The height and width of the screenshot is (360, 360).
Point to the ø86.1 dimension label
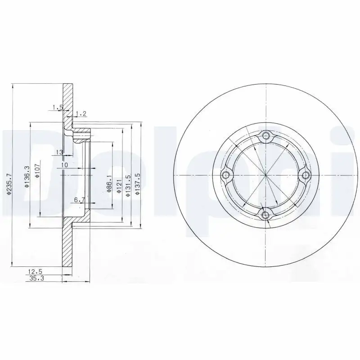(109, 184)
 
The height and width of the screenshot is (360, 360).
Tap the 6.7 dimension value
(80, 199)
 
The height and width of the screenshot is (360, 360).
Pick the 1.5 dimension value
(57, 107)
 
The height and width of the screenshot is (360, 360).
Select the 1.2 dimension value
(81, 113)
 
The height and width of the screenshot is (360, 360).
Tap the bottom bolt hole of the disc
(265, 215)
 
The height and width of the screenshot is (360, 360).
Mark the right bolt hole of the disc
(306, 175)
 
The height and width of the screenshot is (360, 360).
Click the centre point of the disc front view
(265, 175)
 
